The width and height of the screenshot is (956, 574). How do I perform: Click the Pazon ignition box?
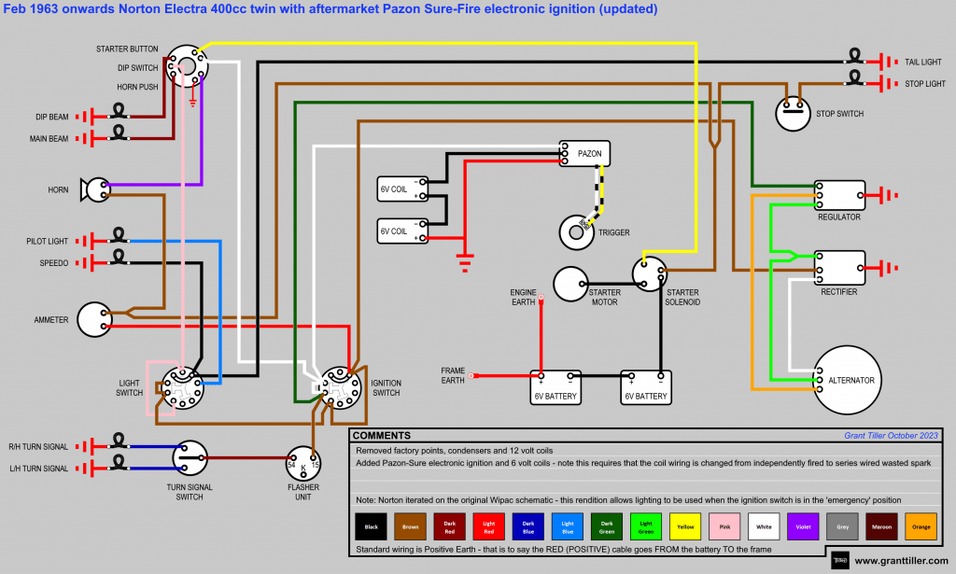[584, 153]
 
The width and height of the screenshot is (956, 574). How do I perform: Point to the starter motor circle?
[570, 284]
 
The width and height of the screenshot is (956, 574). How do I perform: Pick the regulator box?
[839, 195]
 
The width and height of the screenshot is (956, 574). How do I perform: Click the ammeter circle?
[93, 319]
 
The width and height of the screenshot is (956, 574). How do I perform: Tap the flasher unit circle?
[303, 462]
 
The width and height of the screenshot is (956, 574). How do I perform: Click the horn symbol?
[94, 189]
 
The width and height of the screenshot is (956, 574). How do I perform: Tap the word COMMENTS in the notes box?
[381, 436]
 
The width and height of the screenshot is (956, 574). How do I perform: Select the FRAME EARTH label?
[453, 375]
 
